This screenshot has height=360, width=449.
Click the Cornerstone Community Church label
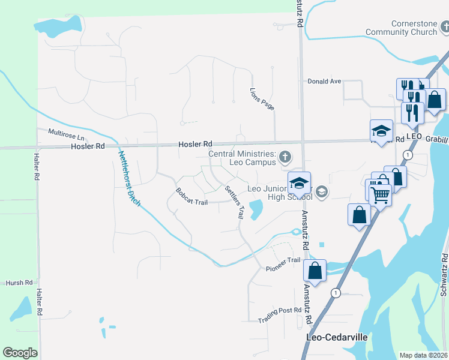(402, 28)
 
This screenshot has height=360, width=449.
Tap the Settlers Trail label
(234, 202)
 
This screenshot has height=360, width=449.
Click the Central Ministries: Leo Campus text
(242, 158)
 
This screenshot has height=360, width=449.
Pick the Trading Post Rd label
(279, 314)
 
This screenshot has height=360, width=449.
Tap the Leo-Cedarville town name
(337, 337)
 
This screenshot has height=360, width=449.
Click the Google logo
(20, 353)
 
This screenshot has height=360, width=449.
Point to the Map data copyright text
(423, 355)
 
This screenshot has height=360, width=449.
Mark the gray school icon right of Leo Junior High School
(322, 192)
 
